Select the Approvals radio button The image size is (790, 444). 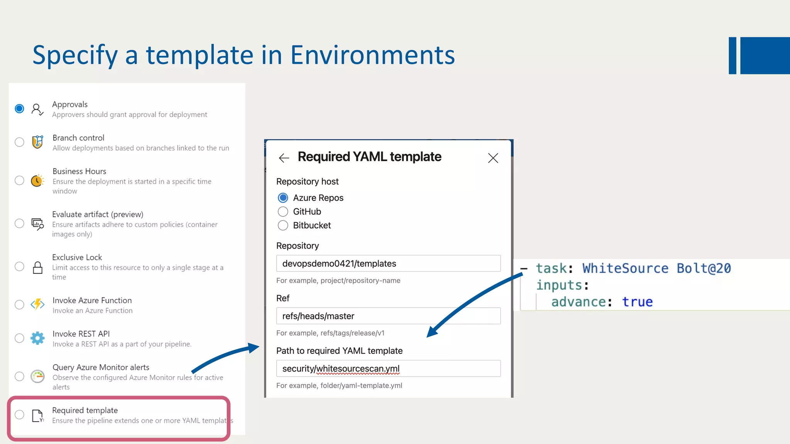coord(19,109)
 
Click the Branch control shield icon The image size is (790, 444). coord(37,142)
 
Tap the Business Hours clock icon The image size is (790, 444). coord(37,180)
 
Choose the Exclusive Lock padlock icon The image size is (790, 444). coord(37,267)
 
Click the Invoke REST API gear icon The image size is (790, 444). coord(37,338)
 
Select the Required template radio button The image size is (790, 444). coord(19,415)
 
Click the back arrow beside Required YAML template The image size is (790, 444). coord(284,158)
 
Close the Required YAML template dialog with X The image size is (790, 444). coord(493,158)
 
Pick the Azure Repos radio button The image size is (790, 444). coord(283,198)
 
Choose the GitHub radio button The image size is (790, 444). coord(283,212)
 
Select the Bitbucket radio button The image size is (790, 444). coord(283,225)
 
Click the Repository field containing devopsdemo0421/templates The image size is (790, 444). coord(388,264)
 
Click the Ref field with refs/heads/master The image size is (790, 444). coord(388,316)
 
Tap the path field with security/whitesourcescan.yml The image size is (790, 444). coord(388,368)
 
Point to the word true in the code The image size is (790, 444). coord(637,302)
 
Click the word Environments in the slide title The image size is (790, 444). coord(372,55)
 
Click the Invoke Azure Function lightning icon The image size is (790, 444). coord(37,304)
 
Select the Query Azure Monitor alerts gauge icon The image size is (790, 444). coord(37,376)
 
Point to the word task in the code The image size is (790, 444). coord(552,268)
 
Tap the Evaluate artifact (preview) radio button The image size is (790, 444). coord(19,224)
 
